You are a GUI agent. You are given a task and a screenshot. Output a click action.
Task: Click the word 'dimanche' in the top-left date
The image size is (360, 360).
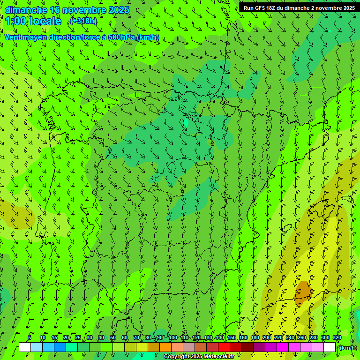pos(26,10)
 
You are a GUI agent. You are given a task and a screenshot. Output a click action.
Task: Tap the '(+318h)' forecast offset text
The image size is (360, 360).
pos(83,21)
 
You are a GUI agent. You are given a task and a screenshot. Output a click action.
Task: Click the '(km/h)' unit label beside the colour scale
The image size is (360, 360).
pos(347,348)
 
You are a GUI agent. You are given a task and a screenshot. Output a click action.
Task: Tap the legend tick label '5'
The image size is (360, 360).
pos(30,337)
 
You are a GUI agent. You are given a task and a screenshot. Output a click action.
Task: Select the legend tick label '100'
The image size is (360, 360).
pos(173,337)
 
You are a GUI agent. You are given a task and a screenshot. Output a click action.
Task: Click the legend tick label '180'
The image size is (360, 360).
pos(255,337)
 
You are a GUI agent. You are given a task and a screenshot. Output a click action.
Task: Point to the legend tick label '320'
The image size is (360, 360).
pos(337,337)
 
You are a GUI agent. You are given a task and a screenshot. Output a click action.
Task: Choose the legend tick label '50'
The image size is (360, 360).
pos(113,337)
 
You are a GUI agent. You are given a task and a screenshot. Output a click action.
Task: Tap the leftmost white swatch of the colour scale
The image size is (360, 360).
pos(25,347)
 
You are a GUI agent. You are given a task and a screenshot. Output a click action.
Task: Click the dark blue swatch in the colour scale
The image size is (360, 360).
pos(60,347)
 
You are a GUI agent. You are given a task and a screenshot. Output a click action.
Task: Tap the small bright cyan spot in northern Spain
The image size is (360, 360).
pos(186,122)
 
